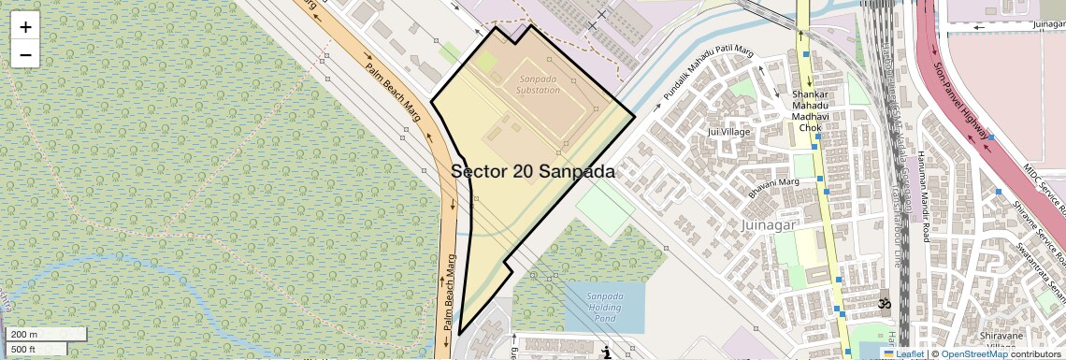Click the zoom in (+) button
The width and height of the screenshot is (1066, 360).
click(25, 26)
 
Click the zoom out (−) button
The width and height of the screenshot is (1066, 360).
click(25, 54)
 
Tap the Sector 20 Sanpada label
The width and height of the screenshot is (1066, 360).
click(533, 172)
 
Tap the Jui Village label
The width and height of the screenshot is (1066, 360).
click(729, 132)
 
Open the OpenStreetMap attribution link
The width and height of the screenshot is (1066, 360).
click(973, 353)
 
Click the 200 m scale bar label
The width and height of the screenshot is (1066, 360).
click(24, 334)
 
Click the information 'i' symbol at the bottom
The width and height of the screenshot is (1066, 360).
click(608, 353)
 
